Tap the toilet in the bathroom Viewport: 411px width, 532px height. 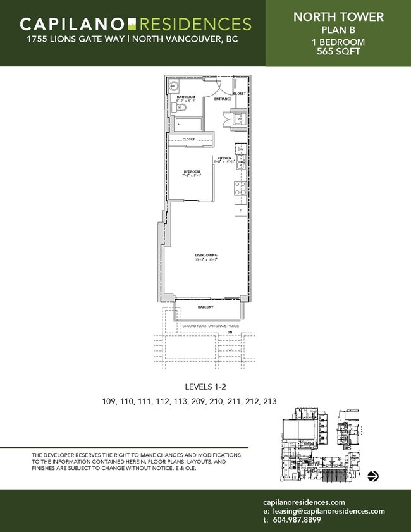(x=173, y=108)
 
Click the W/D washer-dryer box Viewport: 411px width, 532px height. (x=240, y=119)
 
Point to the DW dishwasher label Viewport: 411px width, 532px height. (x=240, y=149)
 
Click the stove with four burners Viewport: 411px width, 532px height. (x=240, y=187)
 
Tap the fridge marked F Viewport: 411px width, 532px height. (x=240, y=209)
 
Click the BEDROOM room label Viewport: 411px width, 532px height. (x=192, y=171)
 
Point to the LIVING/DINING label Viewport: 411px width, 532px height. (x=205, y=255)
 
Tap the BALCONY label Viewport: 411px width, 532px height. (x=205, y=307)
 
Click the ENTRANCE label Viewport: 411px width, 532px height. (x=222, y=99)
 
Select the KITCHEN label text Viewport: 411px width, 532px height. (x=224, y=158)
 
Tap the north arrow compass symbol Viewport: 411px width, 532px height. (x=373, y=476)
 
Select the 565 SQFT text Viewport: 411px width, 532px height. (x=338, y=52)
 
